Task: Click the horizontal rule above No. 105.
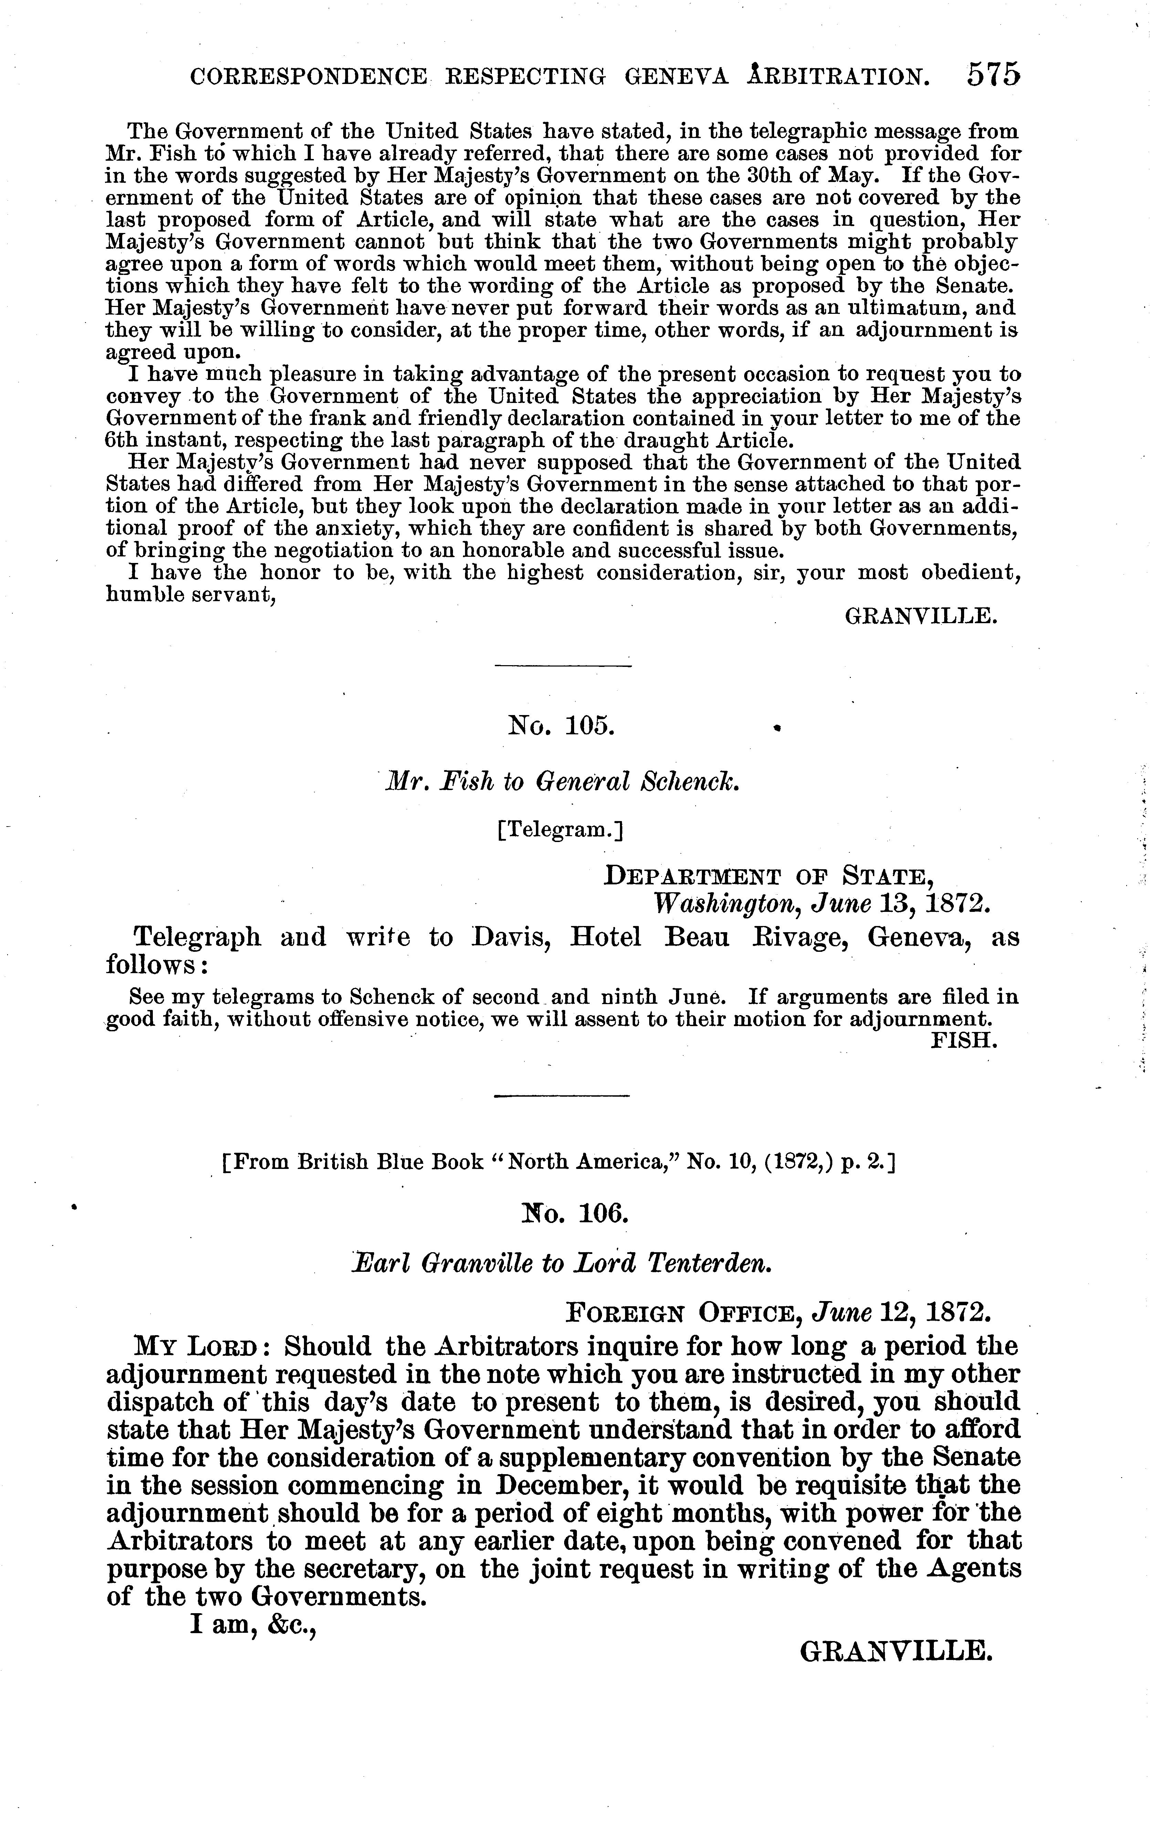point(563,667)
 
